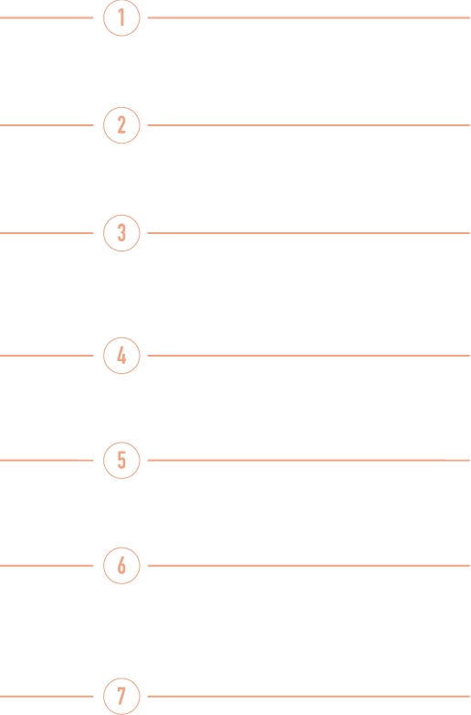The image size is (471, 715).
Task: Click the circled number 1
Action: pos(121,17)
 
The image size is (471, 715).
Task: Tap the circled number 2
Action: pos(121,125)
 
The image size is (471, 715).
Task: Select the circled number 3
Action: pos(121,233)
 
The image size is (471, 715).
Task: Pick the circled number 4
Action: pos(121,356)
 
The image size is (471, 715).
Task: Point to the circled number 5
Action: pos(121,461)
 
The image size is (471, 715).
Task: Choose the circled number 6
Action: pos(121,566)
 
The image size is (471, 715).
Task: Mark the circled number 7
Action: pos(121,697)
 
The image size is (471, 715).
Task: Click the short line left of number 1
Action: pos(47,17)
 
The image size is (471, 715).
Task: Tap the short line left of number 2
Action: pos(47,125)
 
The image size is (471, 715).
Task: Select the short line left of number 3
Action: pos(47,233)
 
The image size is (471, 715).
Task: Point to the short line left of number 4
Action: pos(47,356)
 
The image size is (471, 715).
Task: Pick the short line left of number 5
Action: pos(47,461)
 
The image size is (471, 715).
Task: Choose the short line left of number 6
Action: pos(47,566)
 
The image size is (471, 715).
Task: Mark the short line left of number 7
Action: pos(47,697)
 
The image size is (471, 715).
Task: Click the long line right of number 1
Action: pos(309,17)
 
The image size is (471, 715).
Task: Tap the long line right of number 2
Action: pos(309,125)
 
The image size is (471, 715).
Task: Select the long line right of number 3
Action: pos(309,233)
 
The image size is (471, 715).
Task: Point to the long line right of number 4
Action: pos(309,356)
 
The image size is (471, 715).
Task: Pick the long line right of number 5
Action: pos(309,461)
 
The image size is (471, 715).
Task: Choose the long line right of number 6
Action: pos(309,566)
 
